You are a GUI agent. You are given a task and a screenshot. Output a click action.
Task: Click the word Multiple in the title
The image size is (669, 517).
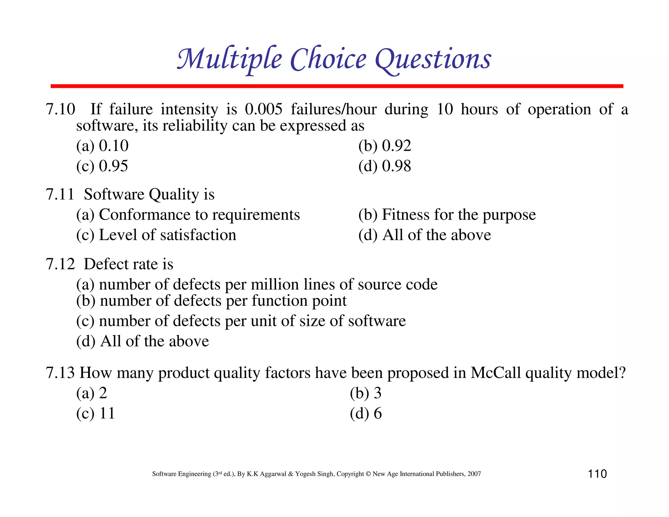pos(229,59)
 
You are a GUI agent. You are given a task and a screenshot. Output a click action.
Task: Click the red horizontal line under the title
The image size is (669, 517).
pos(336,86)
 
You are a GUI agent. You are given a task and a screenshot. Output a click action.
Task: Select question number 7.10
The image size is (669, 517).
pos(60,109)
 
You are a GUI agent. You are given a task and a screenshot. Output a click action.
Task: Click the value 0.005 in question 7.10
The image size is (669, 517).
pos(264,109)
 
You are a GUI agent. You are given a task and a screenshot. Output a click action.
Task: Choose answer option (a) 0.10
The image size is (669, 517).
pos(102,146)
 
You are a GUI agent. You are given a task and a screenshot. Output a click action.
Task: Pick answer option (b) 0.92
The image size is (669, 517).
pos(384,146)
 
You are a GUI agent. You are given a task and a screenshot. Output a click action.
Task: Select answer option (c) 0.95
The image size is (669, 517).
pos(102,166)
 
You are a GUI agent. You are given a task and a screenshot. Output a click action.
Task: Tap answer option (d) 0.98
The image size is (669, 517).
pos(384,166)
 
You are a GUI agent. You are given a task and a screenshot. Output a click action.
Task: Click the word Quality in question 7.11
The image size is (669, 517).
pos(174,194)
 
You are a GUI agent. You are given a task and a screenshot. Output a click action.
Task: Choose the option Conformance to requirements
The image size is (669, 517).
pos(188,215)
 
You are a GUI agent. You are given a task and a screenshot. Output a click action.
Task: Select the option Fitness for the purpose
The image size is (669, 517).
pos(447,215)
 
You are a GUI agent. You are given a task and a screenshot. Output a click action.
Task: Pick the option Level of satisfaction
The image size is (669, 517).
pos(156,235)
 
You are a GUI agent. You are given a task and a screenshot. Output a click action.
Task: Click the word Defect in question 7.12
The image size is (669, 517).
pos(105,264)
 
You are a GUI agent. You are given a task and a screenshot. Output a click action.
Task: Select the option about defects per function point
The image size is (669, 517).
pos(211,301)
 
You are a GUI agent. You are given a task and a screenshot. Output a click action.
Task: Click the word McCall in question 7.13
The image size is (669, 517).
pos(496,373)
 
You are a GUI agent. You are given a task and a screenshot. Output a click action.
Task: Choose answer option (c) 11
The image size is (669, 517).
pos(95,413)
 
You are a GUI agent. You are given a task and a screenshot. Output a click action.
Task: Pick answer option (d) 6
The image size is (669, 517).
pos(366,413)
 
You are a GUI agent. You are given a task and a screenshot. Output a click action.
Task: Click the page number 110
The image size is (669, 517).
pos(597,474)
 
